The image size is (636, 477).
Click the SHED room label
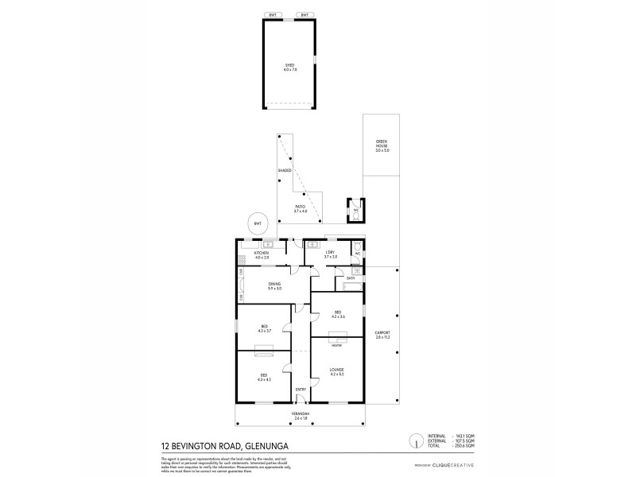(289, 68)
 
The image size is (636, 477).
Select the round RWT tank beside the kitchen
(258, 223)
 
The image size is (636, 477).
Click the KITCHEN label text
(262, 255)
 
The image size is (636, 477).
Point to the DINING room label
(275, 286)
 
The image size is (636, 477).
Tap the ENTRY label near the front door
(301, 389)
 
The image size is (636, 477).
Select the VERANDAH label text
(300, 416)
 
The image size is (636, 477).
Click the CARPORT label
(383, 335)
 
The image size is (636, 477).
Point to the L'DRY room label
(331, 255)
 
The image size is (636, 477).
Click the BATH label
(350, 277)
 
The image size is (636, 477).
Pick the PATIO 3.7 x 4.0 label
(299, 208)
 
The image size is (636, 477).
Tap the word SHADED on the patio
(285, 170)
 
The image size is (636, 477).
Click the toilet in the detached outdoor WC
(355, 214)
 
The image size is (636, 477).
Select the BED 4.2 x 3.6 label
(337, 313)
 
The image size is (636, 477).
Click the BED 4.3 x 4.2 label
(264, 377)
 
